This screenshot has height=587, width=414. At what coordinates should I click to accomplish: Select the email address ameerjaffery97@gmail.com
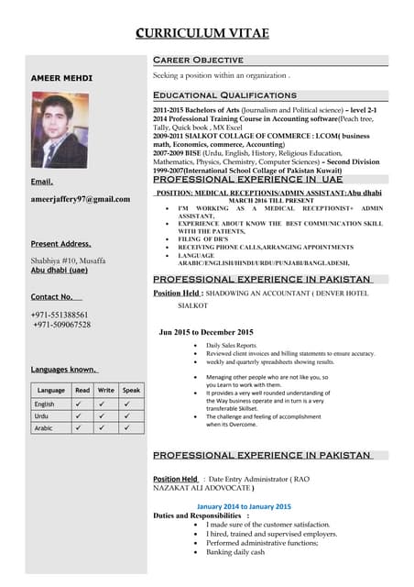tap(81, 198)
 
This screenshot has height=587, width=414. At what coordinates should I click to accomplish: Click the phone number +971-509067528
tap(61, 325)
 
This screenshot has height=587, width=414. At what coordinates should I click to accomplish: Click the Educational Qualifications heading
tap(224, 94)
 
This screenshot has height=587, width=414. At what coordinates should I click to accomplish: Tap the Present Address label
tap(60, 244)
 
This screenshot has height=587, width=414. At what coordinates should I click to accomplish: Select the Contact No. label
tap(52, 297)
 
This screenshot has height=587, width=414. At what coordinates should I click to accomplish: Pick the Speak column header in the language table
tap(131, 390)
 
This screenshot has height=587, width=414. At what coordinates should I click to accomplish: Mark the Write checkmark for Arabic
tap(106, 428)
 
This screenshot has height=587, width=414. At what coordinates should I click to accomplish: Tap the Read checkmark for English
tap(82, 404)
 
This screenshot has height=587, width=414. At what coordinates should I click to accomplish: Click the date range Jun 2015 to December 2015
tap(206, 331)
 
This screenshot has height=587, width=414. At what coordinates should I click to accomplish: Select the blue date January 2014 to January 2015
tap(244, 506)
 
